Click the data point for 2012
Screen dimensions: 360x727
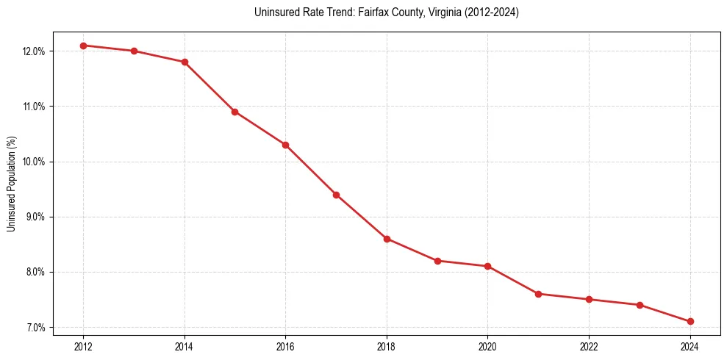83,46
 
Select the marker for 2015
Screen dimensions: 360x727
234,112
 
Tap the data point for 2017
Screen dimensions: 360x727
336,195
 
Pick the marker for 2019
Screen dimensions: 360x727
437,261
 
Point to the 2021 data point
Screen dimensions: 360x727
538,294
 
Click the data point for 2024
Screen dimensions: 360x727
690,321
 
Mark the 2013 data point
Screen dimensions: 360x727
134,51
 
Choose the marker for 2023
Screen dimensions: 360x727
640,305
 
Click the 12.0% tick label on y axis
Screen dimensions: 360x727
34,51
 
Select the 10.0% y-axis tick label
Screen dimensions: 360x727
34,162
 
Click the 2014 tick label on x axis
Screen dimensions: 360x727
185,346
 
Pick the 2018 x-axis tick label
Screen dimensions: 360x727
387,346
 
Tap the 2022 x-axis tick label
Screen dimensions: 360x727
589,346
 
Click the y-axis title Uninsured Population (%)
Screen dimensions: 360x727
11,184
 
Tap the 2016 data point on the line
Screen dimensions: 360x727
285,145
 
